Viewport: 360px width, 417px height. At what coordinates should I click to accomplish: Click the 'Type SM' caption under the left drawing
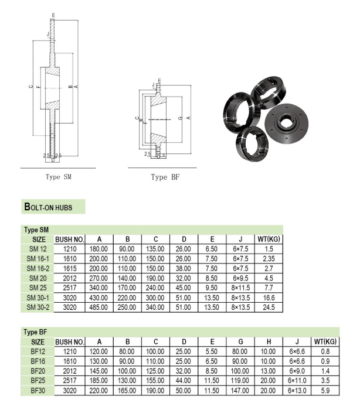click(58, 176)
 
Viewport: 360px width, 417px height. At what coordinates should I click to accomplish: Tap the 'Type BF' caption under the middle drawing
click(164, 177)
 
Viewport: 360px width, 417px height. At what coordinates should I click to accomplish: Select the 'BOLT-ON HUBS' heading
click(53, 207)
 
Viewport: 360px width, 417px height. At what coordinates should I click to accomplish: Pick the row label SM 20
click(38, 278)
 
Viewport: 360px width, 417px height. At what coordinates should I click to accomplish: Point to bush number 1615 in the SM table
click(70, 269)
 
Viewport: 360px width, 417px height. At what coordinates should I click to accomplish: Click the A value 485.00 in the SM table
click(99, 306)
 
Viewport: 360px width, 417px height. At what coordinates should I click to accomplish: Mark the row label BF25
click(38, 379)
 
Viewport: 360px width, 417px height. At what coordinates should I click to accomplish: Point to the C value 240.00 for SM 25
click(155, 288)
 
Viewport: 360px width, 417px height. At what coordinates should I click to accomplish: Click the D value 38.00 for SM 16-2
click(184, 269)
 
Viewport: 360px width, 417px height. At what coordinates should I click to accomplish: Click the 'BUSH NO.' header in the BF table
click(70, 341)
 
